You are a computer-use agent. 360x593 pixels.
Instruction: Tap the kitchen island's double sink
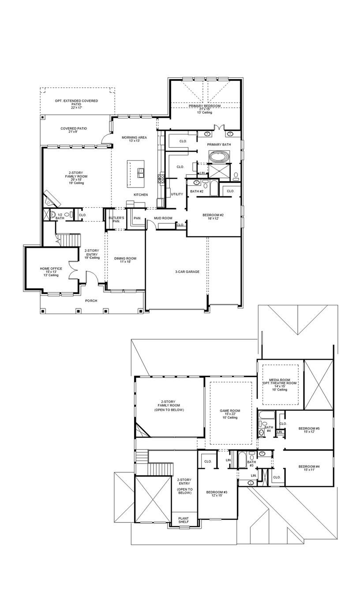coord(141,172)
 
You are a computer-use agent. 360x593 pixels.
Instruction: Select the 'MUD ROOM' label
coord(163,218)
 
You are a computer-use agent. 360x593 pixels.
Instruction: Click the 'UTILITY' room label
coord(177,194)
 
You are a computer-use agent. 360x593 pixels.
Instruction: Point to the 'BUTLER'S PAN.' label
coord(116,220)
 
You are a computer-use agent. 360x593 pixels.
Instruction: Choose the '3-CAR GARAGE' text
coord(187,272)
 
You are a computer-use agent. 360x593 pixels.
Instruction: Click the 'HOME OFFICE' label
coord(51,269)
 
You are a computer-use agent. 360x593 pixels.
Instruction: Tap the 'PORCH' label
coord(91,300)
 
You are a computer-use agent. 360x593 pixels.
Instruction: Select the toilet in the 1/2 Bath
coord(53,215)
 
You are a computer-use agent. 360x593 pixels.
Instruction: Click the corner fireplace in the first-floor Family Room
coord(51,199)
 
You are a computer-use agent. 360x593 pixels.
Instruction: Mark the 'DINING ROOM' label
coord(125,259)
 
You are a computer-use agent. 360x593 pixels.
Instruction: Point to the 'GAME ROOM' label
coord(230,411)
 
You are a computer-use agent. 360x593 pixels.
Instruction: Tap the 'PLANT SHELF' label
coord(184,520)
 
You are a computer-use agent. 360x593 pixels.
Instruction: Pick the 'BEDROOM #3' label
coord(217,492)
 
